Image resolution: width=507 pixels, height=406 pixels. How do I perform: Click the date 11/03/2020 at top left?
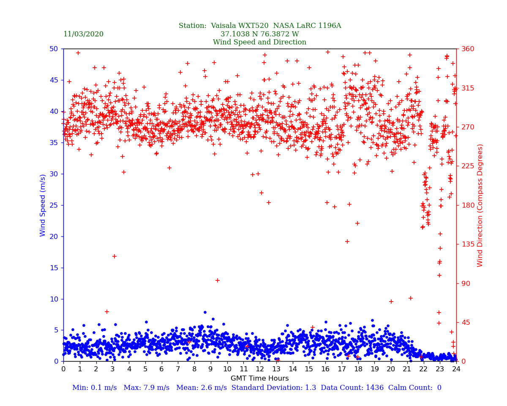83,34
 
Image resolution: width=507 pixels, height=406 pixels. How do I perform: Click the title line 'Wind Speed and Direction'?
259,42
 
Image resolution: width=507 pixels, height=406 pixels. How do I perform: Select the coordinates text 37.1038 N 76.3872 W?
259,34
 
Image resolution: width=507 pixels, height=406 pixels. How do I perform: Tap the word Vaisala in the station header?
228,26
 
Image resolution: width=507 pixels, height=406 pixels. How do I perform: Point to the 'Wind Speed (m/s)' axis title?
43,205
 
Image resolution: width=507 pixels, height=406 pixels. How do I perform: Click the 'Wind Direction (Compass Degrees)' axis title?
480,205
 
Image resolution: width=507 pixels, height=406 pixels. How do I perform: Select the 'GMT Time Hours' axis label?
259,379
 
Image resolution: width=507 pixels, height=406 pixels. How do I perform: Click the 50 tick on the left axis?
54,49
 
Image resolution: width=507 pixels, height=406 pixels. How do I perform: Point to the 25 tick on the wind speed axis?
54,205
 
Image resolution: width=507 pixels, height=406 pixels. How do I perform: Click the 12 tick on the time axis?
260,369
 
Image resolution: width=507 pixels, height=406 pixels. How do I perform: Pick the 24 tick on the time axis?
456,369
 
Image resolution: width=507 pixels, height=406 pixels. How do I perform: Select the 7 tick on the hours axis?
178,369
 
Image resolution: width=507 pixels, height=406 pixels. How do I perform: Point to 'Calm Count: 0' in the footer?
416,388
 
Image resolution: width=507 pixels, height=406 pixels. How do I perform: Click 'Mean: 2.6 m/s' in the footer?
202,388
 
